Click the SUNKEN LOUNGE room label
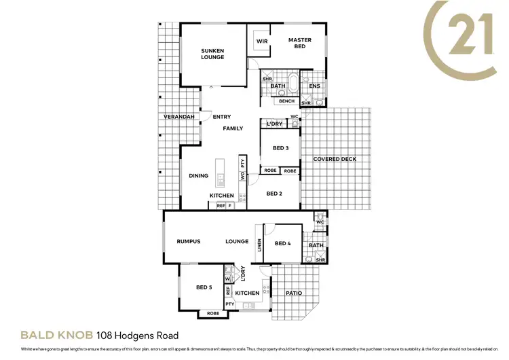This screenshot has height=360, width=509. click(x=212, y=54)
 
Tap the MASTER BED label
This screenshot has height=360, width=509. click(x=299, y=43)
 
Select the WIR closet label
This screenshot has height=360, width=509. click(x=261, y=41)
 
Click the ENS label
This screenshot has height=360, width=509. click(x=314, y=86)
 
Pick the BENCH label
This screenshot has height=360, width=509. click(x=286, y=101)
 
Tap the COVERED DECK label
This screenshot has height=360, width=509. click(x=335, y=159)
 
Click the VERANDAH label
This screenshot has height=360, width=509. click(x=179, y=117)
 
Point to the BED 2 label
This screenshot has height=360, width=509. click(x=274, y=194)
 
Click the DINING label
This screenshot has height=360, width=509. click(x=198, y=176)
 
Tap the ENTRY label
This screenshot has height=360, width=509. click(x=222, y=117)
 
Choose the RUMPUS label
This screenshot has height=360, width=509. click(x=188, y=241)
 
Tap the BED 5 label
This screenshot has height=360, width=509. click(x=204, y=287)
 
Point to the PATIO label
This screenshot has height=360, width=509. click(x=293, y=293)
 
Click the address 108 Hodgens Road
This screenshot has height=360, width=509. click(x=138, y=336)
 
